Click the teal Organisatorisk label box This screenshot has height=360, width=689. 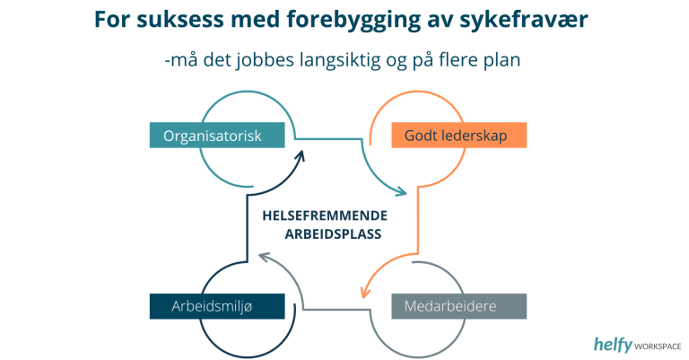coord(217,135)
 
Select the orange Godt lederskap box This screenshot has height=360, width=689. coord(458,135)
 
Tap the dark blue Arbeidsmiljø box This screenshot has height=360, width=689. coord(217,306)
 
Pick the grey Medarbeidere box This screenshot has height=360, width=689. coord(458,306)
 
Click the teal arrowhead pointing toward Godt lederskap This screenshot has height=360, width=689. coord(402,191)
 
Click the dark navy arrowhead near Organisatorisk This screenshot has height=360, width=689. coord(301,156)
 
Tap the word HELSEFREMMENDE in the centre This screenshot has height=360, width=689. coord(325,215)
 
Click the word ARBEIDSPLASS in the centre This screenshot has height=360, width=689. coord(333,233)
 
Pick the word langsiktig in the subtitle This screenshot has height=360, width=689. coord(340,60)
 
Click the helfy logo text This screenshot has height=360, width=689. coord(613,344)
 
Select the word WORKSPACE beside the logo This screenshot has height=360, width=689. coord(658,347)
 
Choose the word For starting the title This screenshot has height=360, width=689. coord(112,20)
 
